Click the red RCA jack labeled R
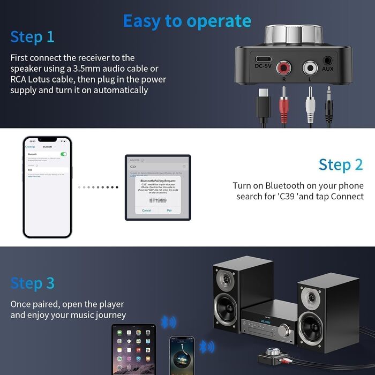pyautogui.click(x=284, y=68)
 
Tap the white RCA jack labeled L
pyautogui.click(x=310, y=68)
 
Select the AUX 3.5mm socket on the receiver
pyautogui.click(x=328, y=62)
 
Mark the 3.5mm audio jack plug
pyautogui.click(x=328, y=102)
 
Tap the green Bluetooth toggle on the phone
pyautogui.click(x=64, y=154)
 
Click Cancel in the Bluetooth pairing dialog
pyautogui.click(x=146, y=211)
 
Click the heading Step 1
pyautogui.click(x=32, y=37)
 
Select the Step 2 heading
pyautogui.click(x=341, y=164)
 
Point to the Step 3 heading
pyautogui.click(x=32, y=283)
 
